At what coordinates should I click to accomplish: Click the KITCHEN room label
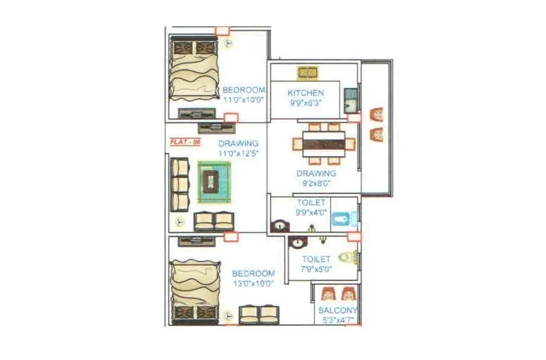(306, 93)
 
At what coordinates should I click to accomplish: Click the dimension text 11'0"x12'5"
(238, 153)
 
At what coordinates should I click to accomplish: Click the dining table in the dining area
(324, 141)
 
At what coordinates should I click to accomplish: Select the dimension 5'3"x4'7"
(338, 318)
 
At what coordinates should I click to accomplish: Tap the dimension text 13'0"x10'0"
(253, 283)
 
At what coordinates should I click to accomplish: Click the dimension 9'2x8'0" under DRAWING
(315, 183)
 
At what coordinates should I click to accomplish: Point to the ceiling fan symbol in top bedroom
(228, 43)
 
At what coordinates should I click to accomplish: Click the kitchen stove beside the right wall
(350, 100)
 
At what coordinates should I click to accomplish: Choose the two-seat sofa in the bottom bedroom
(259, 314)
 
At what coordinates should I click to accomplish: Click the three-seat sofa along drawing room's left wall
(180, 185)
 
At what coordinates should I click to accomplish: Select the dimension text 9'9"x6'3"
(306, 102)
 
